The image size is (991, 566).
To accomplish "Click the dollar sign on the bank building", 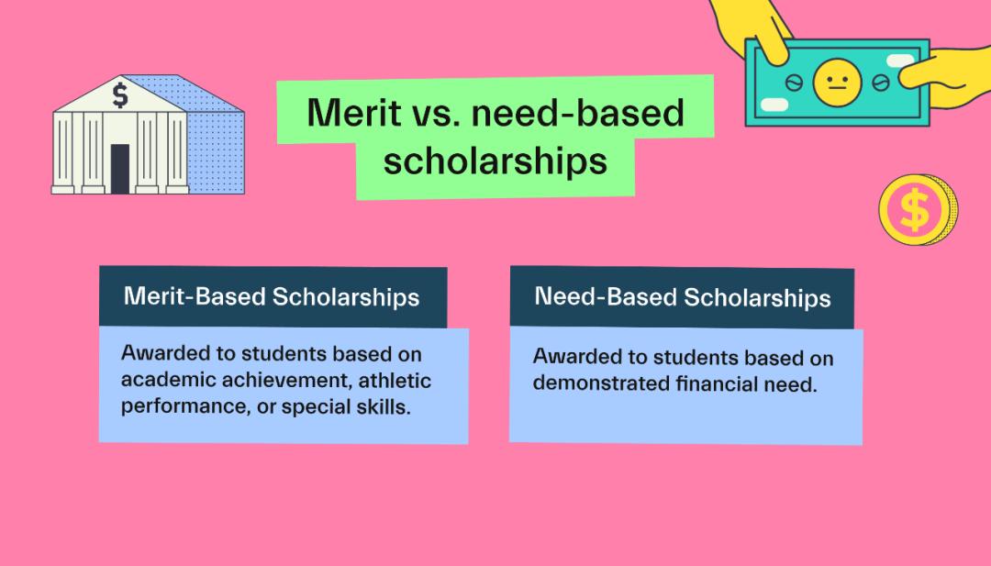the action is tap(120, 94).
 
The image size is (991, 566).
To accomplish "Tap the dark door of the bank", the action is tap(120, 169).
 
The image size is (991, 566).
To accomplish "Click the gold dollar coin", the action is tap(918, 210).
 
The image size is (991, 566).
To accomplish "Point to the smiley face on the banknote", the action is tap(838, 83).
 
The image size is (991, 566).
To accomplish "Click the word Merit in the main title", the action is tap(354, 113).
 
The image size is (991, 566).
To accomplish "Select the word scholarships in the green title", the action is tap(495, 161).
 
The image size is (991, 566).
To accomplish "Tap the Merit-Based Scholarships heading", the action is tap(272, 296).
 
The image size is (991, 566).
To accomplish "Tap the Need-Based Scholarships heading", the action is tap(683, 297).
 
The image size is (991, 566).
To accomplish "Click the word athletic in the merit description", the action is tap(395, 381).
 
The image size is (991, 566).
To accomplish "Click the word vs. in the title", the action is tap(437, 114).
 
